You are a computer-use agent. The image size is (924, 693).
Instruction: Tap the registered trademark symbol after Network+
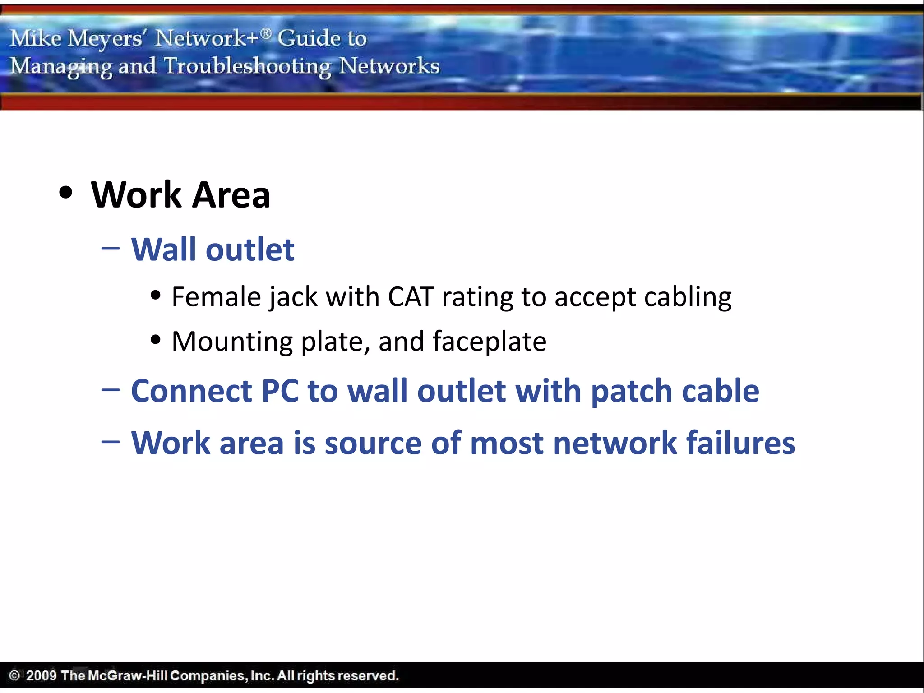click(266, 32)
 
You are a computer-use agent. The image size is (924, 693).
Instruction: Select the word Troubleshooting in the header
click(247, 66)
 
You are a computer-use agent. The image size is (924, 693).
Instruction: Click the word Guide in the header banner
click(309, 38)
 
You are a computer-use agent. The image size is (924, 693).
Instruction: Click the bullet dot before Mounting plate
click(156, 339)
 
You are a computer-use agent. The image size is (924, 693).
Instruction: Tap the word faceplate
click(490, 341)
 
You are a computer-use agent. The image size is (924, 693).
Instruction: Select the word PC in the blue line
click(280, 391)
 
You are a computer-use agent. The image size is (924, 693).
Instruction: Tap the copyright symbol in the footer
click(14, 675)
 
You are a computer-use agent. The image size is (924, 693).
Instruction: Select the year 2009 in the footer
click(41, 675)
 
